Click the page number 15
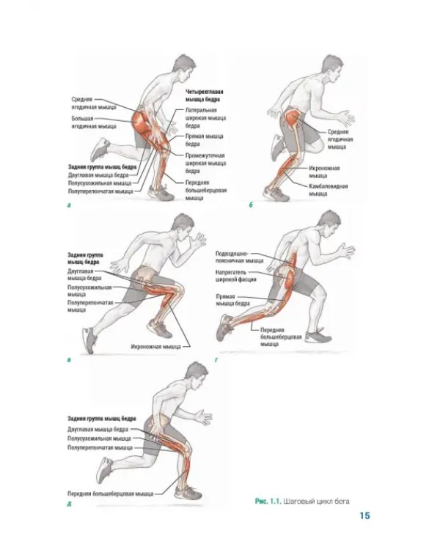[364, 516]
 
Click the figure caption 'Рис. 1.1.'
[268, 502]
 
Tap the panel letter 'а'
[69, 205]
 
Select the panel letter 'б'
[251, 205]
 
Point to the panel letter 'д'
[69, 505]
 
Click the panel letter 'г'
[216, 360]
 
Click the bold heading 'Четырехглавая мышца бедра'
[205, 96]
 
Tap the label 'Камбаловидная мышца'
[328, 190]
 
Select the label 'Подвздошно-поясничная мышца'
[239, 257]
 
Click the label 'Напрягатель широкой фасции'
[236, 276]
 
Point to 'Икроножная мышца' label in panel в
[155, 347]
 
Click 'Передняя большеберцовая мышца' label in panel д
[111, 494]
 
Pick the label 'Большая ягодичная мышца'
[94, 122]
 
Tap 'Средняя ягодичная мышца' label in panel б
[340, 139]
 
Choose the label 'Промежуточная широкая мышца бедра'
[205, 163]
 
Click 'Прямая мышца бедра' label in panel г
[232, 300]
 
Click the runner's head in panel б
[331, 68]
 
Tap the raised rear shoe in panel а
[100, 150]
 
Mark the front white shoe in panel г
[318, 336]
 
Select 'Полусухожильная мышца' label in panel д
[99, 439]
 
